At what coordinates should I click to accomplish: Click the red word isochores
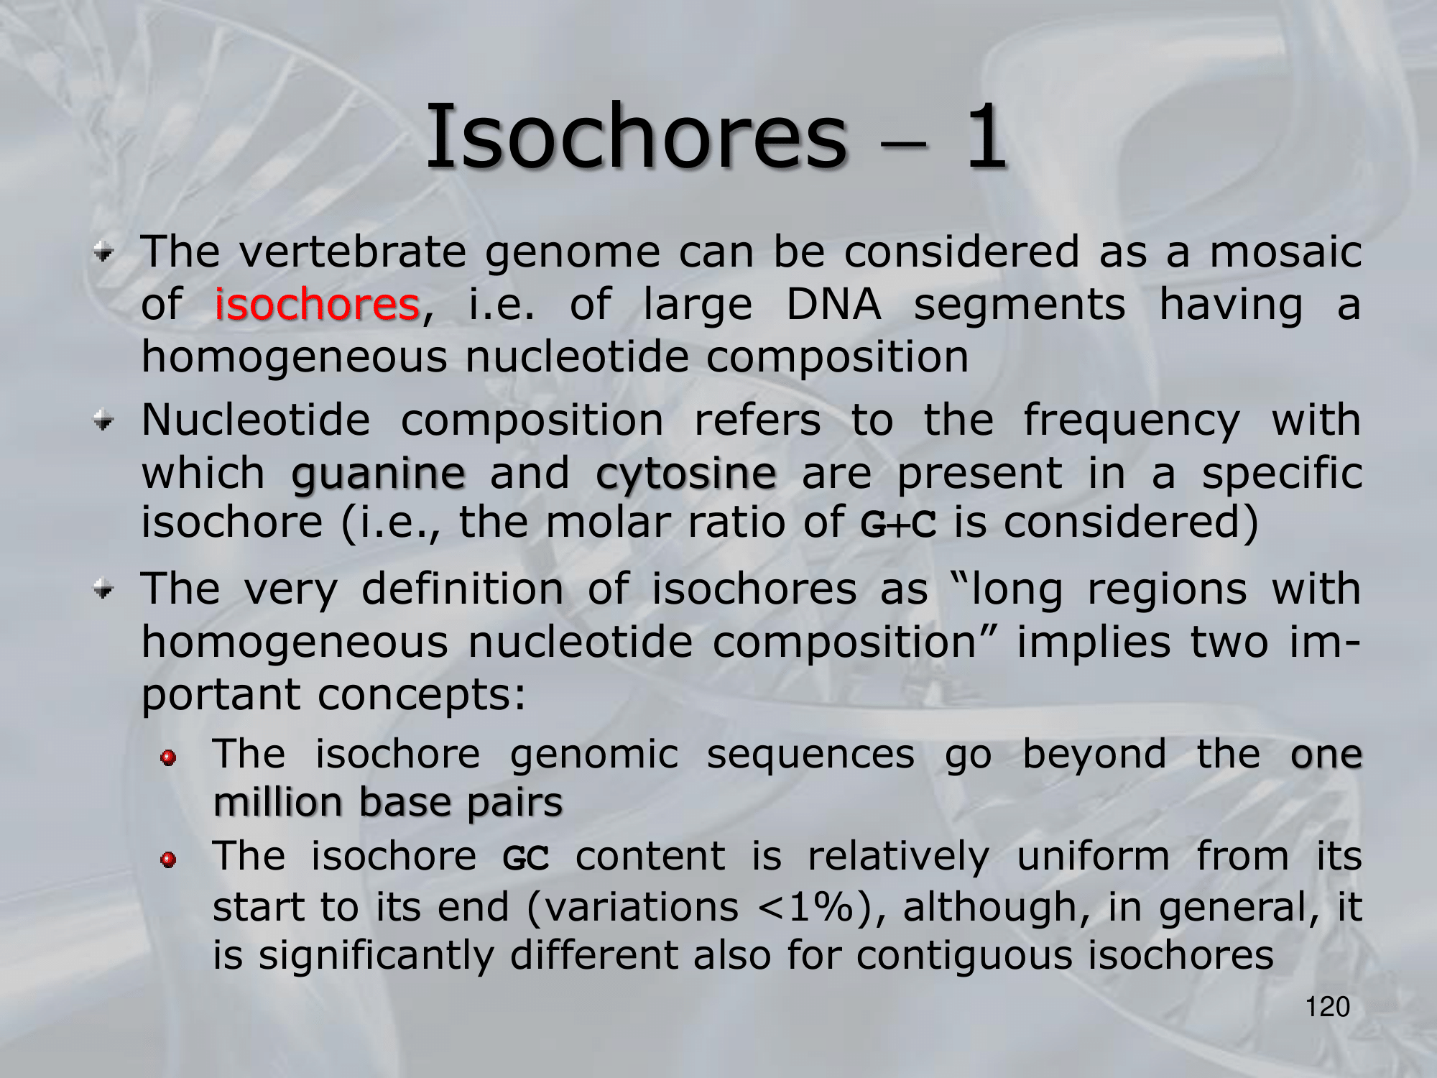[x=317, y=304]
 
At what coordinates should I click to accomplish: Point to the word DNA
[x=833, y=304]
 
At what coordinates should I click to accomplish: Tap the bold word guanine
[x=379, y=474]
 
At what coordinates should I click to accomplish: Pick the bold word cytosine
[x=686, y=474]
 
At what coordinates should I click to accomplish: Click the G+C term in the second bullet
[x=899, y=523]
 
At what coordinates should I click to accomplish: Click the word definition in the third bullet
[x=463, y=589]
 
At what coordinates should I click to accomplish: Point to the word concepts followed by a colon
[x=422, y=695]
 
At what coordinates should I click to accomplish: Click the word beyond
[x=1094, y=755]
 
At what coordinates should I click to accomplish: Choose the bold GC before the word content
[x=526, y=858]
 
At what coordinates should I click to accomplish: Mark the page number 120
[x=1328, y=1007]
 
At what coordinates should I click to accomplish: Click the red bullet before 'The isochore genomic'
[x=168, y=758]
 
